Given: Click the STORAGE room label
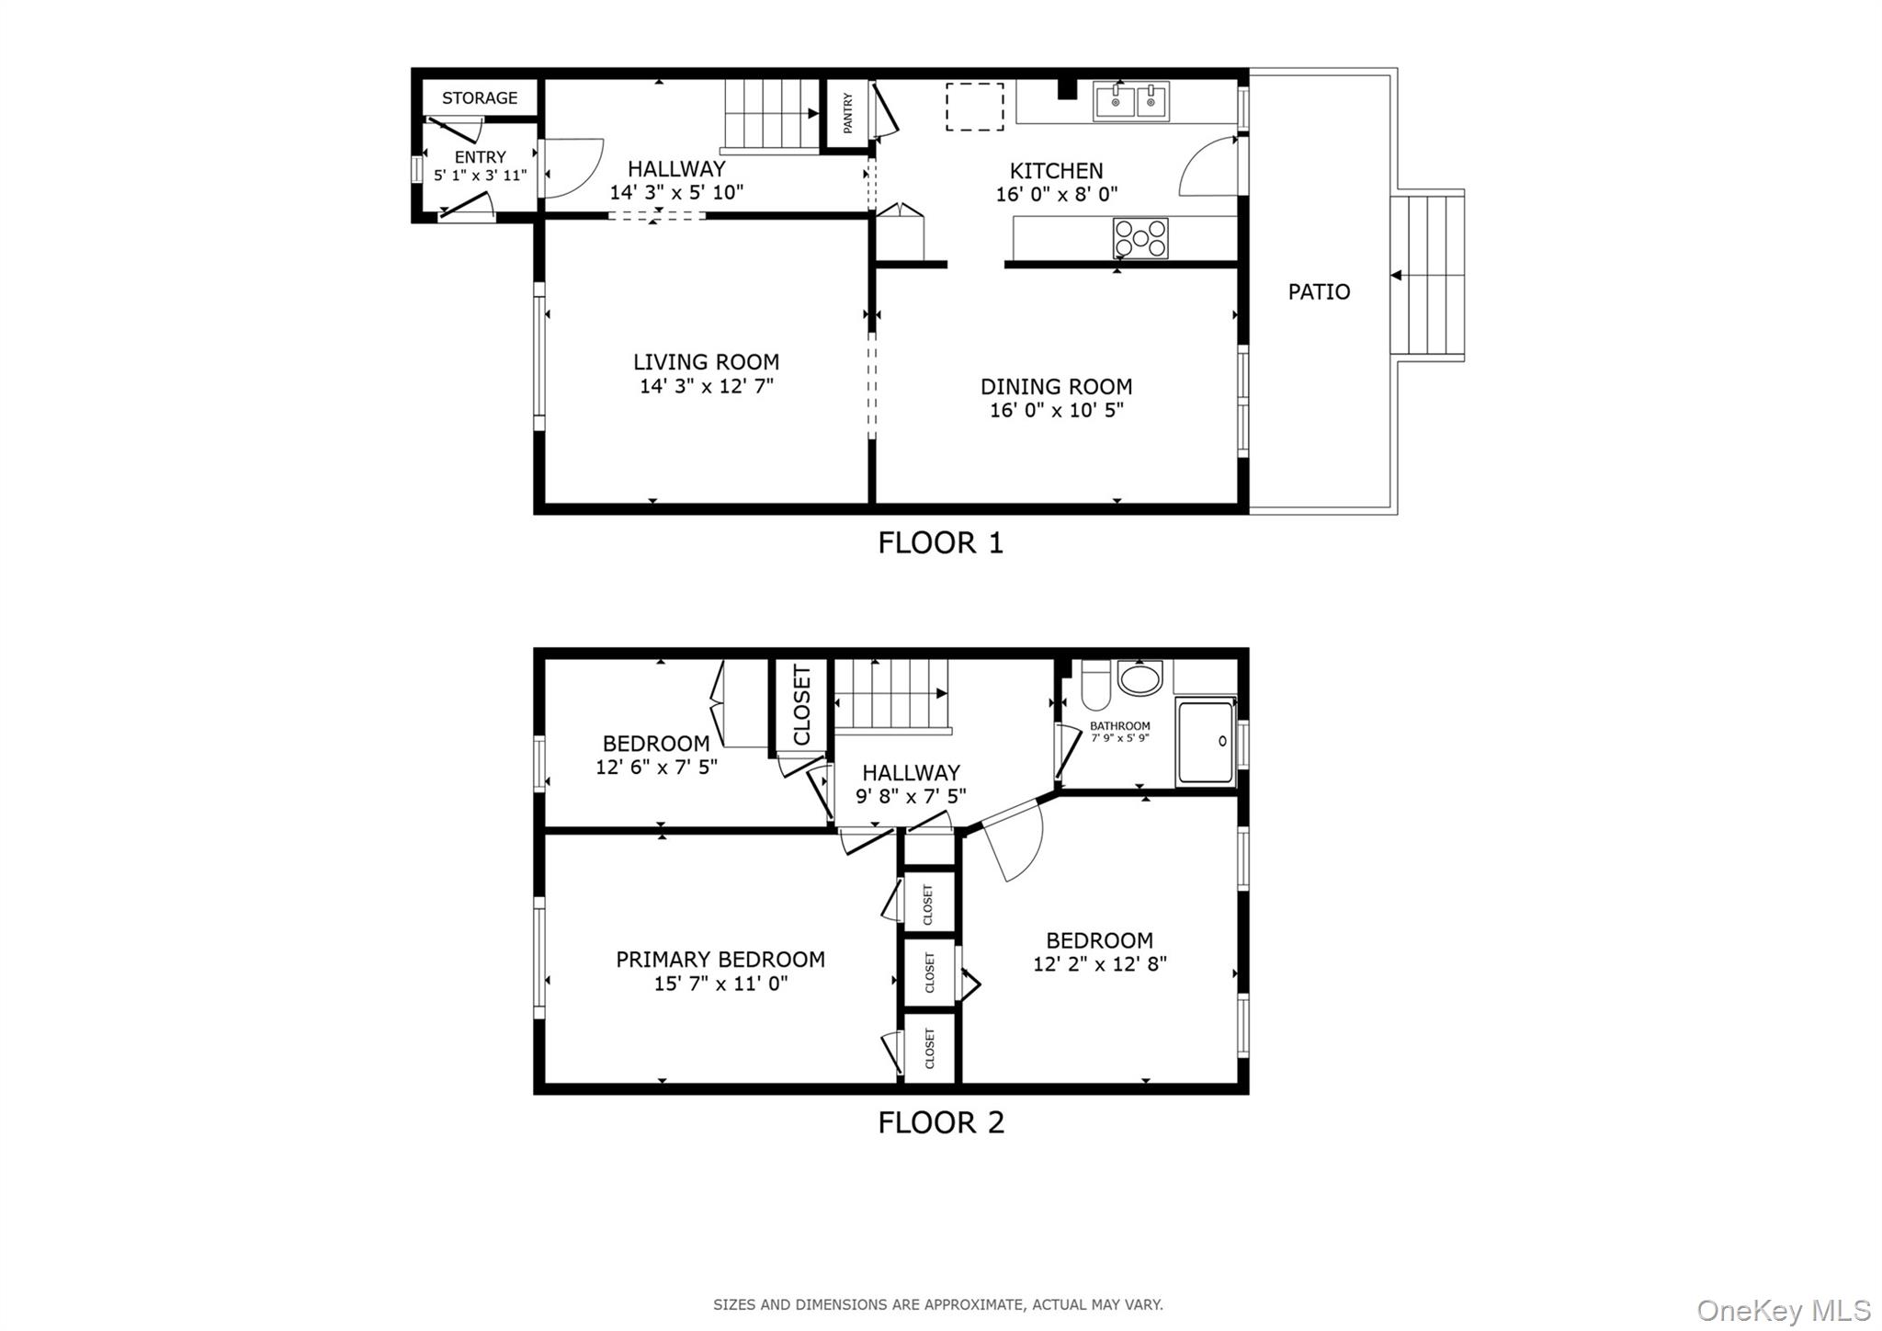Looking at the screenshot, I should pyautogui.click(x=479, y=98).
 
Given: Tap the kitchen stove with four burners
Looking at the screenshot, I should pyautogui.click(x=1140, y=238).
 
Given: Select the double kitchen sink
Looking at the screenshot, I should pyautogui.click(x=1131, y=101).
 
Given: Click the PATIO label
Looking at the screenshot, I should pyautogui.click(x=1319, y=292).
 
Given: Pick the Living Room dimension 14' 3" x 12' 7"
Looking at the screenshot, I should pyautogui.click(x=706, y=386).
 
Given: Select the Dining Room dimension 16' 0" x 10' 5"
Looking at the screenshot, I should pyautogui.click(x=1056, y=410).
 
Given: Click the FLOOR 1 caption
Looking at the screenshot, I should pyautogui.click(x=940, y=543).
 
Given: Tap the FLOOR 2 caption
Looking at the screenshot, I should pyautogui.click(x=940, y=1122).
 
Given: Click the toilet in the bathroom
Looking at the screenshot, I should pyautogui.click(x=1095, y=686).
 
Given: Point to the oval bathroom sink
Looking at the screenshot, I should pyautogui.click(x=1140, y=679).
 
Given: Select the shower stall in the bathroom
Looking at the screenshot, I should pyautogui.click(x=1205, y=743).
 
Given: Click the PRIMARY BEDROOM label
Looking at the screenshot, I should pyautogui.click(x=720, y=960).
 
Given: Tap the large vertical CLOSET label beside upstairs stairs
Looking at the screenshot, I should pyautogui.click(x=801, y=705).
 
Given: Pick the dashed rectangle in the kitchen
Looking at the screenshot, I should pyautogui.click(x=974, y=107).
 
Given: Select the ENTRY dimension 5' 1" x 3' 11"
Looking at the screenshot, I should pyautogui.click(x=480, y=176).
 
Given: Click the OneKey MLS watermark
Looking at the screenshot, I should pyautogui.click(x=1783, y=1310).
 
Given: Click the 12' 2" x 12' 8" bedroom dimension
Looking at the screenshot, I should pyautogui.click(x=1099, y=964).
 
